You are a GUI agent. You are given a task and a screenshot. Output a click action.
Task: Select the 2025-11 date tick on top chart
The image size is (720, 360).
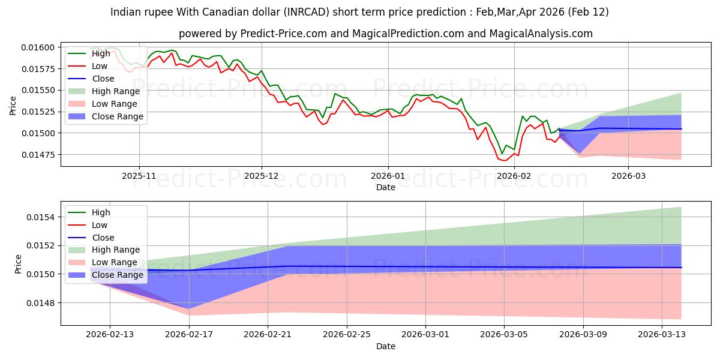(x=139, y=176)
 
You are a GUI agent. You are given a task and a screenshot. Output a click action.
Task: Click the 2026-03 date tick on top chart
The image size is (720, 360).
(x=628, y=176)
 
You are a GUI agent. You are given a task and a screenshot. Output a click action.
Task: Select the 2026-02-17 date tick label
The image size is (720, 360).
(x=190, y=335)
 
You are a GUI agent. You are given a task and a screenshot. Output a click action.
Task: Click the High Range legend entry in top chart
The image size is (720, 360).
(x=116, y=91)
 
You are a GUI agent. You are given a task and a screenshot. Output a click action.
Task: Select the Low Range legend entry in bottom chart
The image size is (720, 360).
(x=115, y=262)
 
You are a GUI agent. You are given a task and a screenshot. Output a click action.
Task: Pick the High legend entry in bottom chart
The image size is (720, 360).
(x=101, y=212)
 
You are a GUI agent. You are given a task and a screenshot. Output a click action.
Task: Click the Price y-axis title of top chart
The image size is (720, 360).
(x=13, y=106)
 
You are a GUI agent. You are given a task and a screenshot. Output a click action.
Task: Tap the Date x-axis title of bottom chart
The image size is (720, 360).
(x=386, y=346)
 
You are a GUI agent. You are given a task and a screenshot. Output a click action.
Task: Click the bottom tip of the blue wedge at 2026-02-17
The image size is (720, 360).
(x=190, y=309)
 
